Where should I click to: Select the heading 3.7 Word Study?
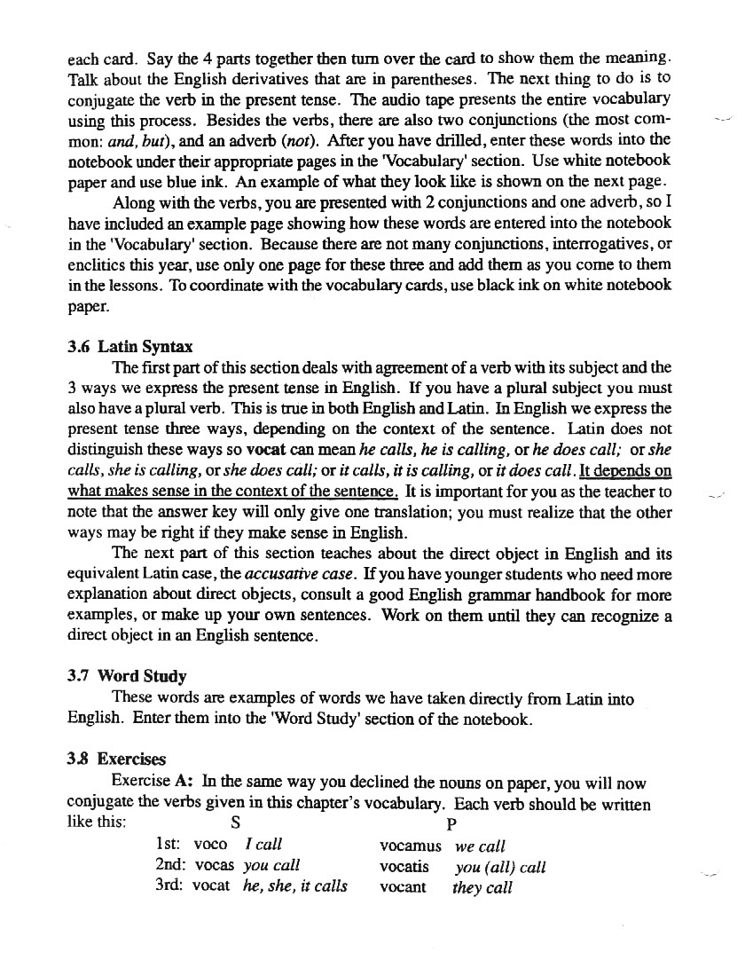[127, 677]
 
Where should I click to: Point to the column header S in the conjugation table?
[235, 822]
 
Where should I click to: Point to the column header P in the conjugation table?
[451, 822]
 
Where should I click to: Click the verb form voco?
[210, 846]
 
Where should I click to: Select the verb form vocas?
[214, 865]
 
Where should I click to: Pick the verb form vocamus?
[410, 846]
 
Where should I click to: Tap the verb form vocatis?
[404, 866]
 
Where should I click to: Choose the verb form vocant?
[403, 886]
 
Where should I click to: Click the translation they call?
[482, 887]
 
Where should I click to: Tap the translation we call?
[480, 847]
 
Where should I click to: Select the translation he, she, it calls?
[294, 885]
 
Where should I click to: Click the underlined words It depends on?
[625, 470]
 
